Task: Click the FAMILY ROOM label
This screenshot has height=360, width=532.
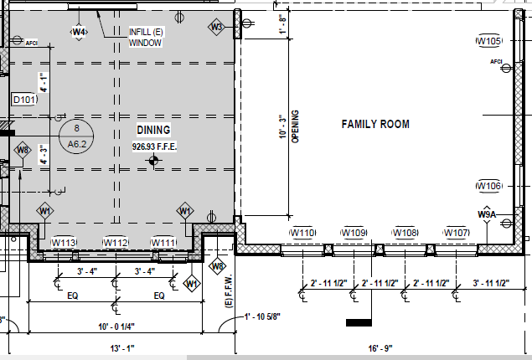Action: [375, 124]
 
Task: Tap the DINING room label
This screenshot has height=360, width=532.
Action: [153, 130]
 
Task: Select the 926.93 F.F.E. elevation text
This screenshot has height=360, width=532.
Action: [154, 147]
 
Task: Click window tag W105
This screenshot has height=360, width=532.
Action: [489, 41]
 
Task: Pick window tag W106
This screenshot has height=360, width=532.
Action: [489, 186]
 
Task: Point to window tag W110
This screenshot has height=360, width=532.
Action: [302, 233]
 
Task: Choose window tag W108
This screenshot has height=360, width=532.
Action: [405, 233]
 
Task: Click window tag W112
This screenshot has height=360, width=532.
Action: [116, 243]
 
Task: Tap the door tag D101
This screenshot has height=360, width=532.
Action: [24, 100]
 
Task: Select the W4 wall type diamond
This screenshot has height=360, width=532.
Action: [79, 32]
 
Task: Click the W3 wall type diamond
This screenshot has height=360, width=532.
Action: [216, 27]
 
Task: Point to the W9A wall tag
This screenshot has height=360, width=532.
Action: [487, 214]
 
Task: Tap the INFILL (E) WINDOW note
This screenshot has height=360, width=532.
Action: [146, 38]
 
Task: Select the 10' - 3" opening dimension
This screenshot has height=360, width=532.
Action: [282, 126]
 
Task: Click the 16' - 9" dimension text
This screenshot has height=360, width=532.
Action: [380, 348]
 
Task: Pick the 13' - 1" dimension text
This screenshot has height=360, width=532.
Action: [122, 348]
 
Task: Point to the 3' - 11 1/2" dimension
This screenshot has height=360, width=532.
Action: [491, 283]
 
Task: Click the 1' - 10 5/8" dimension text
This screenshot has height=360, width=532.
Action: [262, 316]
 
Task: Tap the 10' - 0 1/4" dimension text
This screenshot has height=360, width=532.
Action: [116, 327]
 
